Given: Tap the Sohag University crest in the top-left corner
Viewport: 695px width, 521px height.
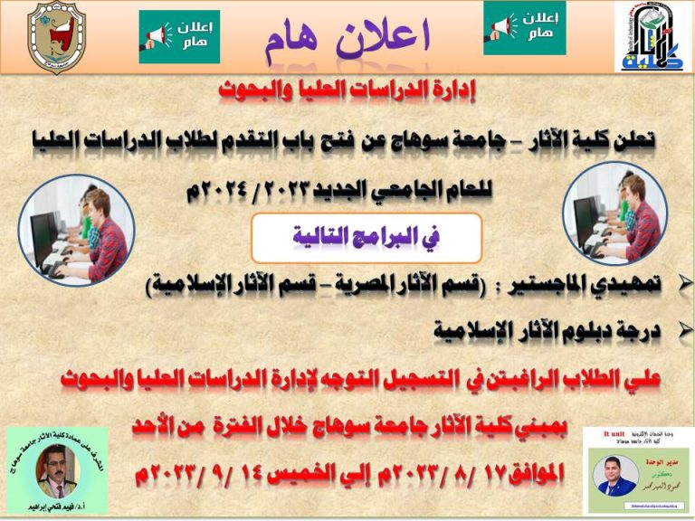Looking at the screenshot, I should click(x=56, y=37).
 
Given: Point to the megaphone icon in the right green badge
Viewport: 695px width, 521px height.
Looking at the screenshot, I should click(x=503, y=26).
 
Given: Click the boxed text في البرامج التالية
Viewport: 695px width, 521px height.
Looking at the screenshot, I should click(x=366, y=238).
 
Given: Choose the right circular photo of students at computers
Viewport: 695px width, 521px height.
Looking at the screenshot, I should click(x=615, y=213).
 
